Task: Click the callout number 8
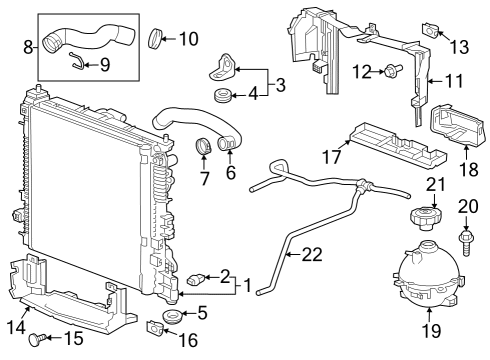pos(27,45)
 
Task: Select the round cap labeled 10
pos(156,39)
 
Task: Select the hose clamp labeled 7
pos(206,149)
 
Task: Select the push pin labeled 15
pos(40,338)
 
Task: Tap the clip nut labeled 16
pos(155,326)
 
